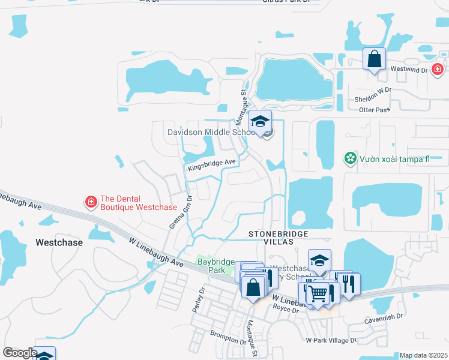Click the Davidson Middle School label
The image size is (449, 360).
coord(211,132)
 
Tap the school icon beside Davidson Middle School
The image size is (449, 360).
coord(261,122)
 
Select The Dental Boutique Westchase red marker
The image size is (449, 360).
coord(91,202)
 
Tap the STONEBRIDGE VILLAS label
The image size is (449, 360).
coord(279,237)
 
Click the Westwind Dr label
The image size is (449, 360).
coord(408,70)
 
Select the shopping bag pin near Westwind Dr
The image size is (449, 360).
coord(374,59)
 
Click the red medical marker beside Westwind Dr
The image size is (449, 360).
coord(438,69)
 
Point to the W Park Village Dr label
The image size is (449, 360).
coord(331,340)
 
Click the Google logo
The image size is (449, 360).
coord(19,353)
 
